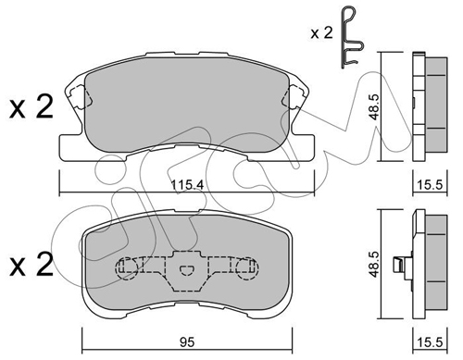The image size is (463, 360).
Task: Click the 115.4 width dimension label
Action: pos(187,185)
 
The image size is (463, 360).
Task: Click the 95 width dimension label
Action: pos(187,342)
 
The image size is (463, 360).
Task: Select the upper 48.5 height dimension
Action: pos(374,106)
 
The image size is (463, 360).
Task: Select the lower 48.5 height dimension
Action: pos(374,264)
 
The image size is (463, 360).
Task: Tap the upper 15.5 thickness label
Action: pos(430,185)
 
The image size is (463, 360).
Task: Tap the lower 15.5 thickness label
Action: pos(430,342)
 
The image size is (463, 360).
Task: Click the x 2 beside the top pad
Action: pos(31,107)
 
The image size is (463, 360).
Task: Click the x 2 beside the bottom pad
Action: pos(31,265)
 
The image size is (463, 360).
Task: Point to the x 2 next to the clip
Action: pos(321,33)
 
